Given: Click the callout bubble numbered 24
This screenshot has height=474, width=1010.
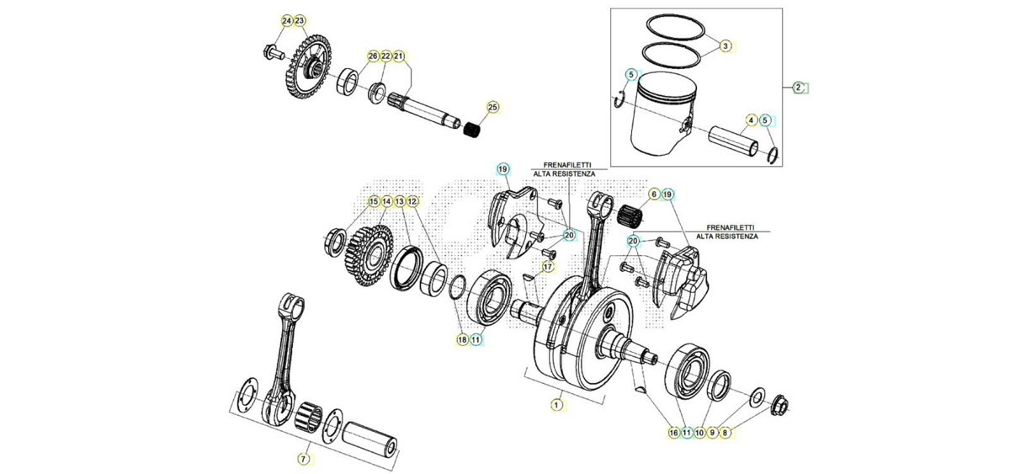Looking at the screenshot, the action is [x=287, y=21].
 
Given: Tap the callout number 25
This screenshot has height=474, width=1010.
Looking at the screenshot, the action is [x=493, y=107].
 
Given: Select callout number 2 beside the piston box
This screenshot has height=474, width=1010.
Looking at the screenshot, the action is [x=798, y=88].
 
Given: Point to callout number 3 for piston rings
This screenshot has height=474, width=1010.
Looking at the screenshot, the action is [x=725, y=46].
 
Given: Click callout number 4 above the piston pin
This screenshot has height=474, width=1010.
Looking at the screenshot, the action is [x=751, y=120].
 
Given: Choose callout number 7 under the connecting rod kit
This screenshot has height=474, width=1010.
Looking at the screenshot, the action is [x=304, y=459].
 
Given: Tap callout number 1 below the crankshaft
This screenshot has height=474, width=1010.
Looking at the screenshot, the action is [x=557, y=405].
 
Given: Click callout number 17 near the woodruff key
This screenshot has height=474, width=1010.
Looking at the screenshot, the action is [x=547, y=267].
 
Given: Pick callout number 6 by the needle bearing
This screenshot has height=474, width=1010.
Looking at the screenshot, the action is [x=654, y=194].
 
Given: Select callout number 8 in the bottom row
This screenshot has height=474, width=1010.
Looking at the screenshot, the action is [x=725, y=433].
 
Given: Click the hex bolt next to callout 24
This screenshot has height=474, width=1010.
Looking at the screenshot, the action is [x=271, y=52].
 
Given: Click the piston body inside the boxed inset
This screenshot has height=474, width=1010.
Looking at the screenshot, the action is [x=661, y=120].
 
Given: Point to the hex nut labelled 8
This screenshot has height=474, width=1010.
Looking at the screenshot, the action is [x=779, y=405].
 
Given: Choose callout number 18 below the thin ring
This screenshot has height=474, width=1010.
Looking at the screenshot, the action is [x=462, y=339].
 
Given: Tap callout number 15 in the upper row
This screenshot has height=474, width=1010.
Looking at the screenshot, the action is [x=374, y=201].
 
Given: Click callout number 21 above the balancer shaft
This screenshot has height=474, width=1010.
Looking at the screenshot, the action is [x=399, y=56].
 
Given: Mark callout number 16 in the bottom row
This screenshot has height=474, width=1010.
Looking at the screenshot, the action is [x=673, y=433].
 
